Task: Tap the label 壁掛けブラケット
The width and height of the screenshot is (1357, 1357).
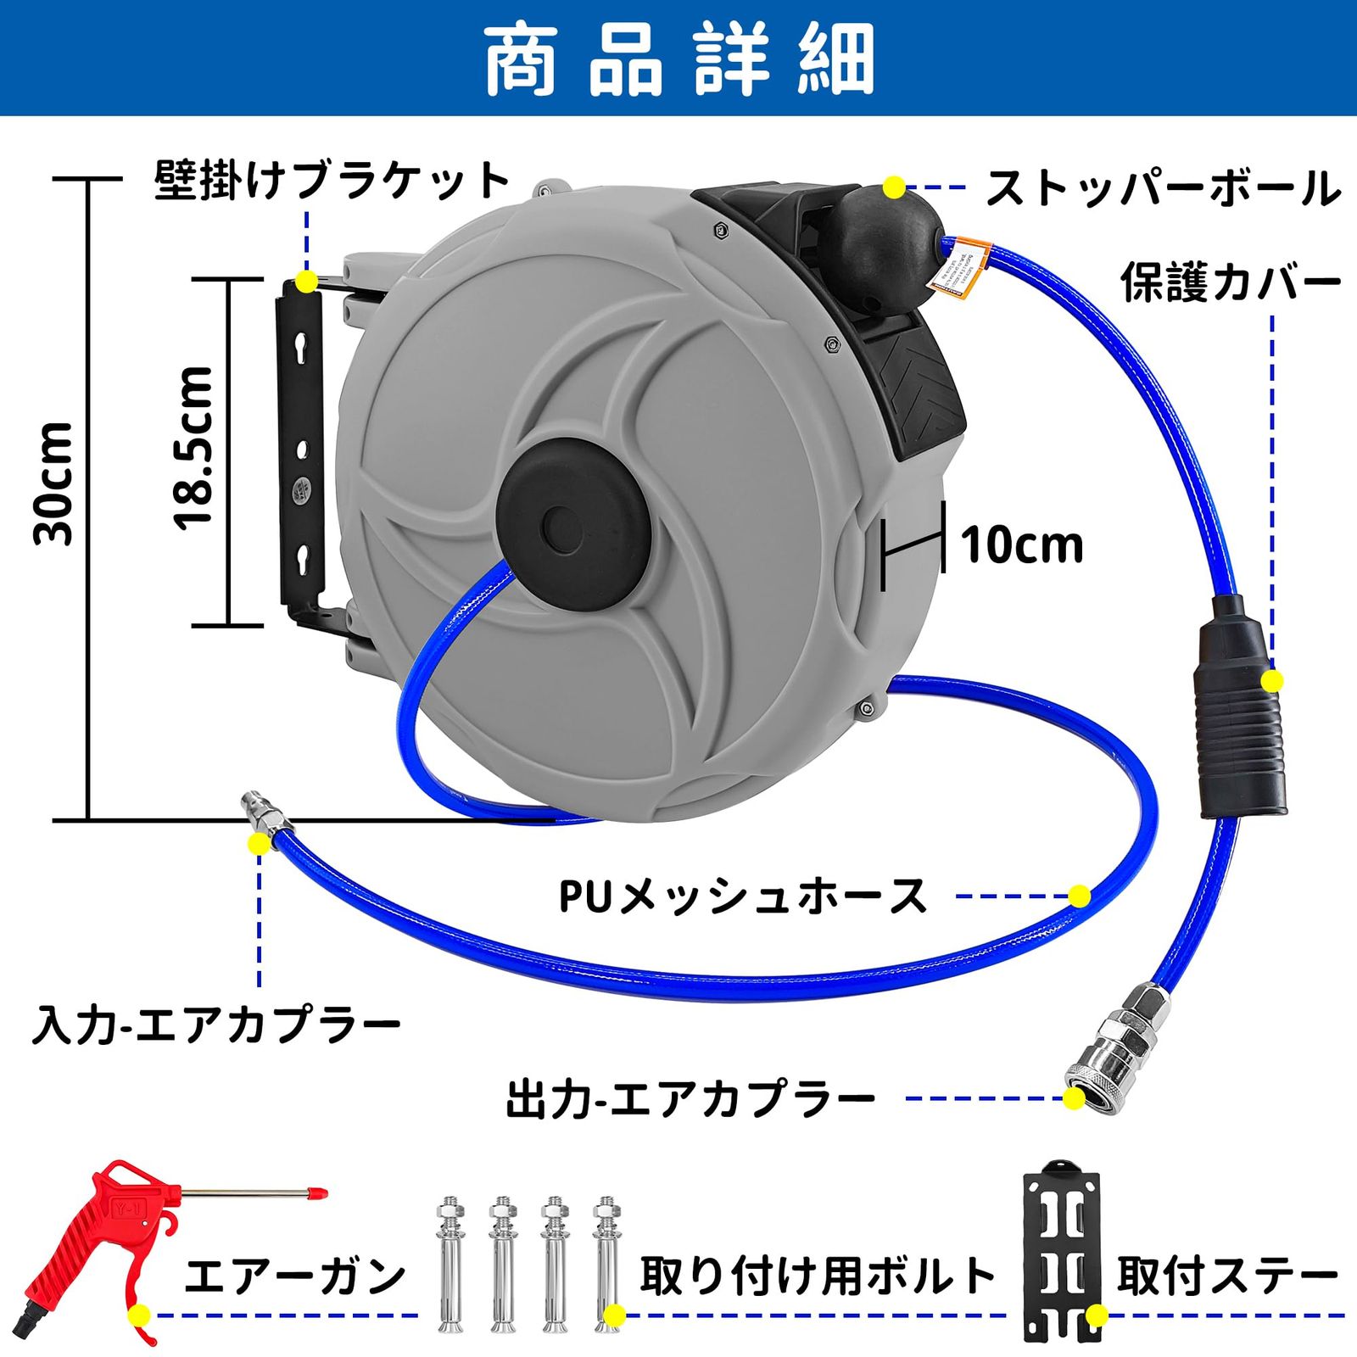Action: [x=332, y=181]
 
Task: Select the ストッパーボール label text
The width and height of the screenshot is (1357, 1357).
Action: [x=1163, y=188]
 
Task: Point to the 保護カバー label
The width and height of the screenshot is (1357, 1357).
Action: [x=1230, y=283]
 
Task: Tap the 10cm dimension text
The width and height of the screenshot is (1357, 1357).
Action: [x=1022, y=545]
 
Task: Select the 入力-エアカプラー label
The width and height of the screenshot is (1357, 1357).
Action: [x=216, y=1025]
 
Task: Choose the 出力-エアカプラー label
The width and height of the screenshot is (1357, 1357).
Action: [x=691, y=1100]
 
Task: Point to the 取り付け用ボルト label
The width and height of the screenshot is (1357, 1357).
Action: [x=818, y=1276]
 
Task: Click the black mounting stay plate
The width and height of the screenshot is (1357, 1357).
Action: [x=1061, y=1250]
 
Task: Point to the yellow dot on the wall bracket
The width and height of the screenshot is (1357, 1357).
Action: [x=306, y=281]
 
